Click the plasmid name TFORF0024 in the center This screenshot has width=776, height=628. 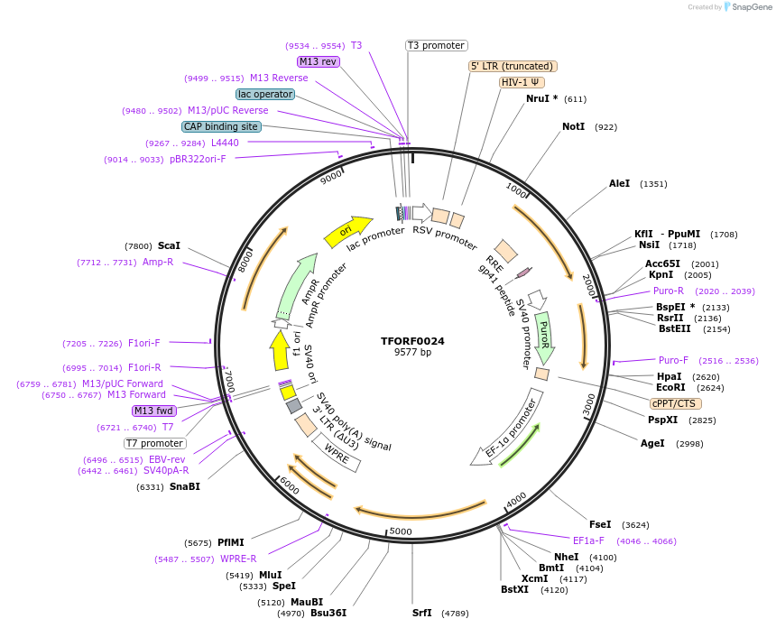pyautogui.click(x=412, y=341)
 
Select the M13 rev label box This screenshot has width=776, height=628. pyautogui.click(x=319, y=61)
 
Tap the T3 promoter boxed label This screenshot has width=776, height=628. pyautogui.click(x=436, y=45)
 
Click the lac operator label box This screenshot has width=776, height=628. pyautogui.click(x=265, y=94)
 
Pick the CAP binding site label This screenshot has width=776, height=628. pyautogui.click(x=221, y=126)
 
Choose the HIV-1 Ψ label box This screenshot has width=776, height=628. pyautogui.click(x=521, y=82)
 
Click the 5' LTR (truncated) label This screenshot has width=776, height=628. pyautogui.click(x=513, y=66)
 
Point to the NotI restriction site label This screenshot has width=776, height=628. pyautogui.click(x=574, y=127)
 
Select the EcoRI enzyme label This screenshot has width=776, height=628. pyautogui.click(x=670, y=387)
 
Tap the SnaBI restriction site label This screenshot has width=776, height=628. pyautogui.click(x=185, y=486)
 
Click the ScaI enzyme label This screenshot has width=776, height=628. pyautogui.click(x=169, y=245)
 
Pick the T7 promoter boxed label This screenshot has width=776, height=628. pyautogui.click(x=155, y=443)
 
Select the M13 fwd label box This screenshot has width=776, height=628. pyautogui.click(x=153, y=411)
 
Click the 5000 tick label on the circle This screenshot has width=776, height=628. pyautogui.click(x=401, y=531)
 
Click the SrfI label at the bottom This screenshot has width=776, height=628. pyautogui.click(x=422, y=614)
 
